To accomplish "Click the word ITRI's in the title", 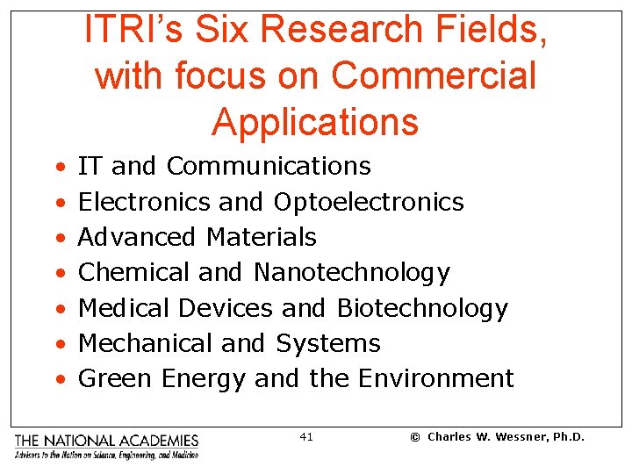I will [x=126, y=31].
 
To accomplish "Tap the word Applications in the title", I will [x=315, y=122].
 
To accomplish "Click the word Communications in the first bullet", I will [x=269, y=166].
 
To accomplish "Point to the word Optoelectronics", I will [x=369, y=202].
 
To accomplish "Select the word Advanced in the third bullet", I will [x=137, y=237].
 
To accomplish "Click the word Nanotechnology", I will [x=351, y=273].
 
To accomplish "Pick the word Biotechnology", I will [x=422, y=308].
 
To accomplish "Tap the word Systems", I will [x=328, y=343].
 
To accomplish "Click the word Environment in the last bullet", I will [x=435, y=378].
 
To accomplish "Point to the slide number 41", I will [x=306, y=437].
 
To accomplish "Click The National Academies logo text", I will [x=106, y=441].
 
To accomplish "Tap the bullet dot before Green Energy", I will [x=58, y=380].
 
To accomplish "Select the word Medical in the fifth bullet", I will [x=125, y=308].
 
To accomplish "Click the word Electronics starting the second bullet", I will [x=145, y=202].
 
